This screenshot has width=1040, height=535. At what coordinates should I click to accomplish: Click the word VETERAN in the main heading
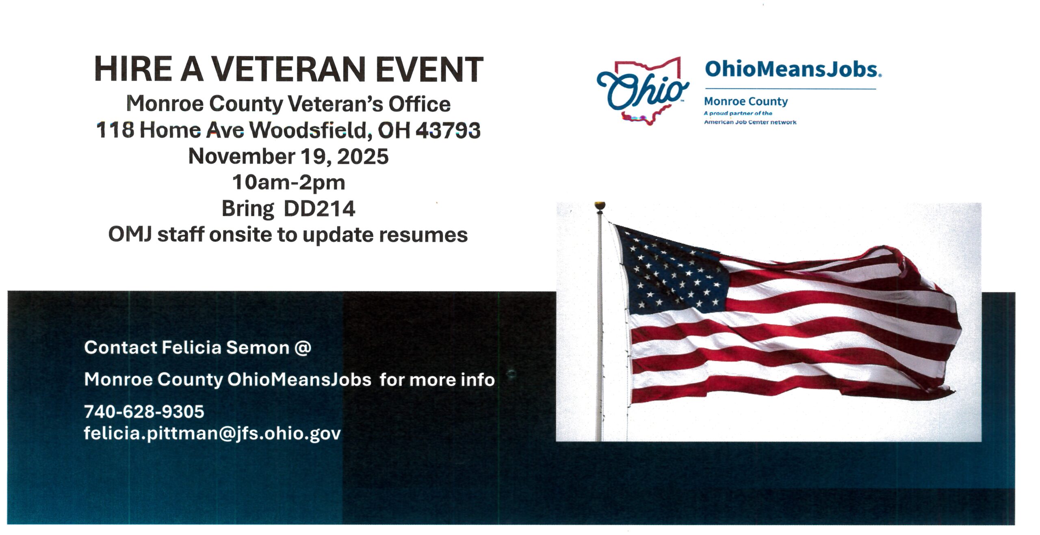pyautogui.click(x=288, y=69)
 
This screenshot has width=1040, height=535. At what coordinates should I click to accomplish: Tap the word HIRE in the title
pyautogui.click(x=133, y=69)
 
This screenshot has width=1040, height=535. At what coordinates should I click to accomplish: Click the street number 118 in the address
pyautogui.click(x=115, y=130)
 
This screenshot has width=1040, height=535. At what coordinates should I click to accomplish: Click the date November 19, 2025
pyautogui.click(x=288, y=157)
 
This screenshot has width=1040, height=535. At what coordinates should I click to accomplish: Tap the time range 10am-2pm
pyautogui.click(x=288, y=182)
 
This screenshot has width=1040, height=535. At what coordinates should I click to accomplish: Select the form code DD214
pyautogui.click(x=319, y=209)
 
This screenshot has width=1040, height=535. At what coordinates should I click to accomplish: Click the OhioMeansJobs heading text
pyautogui.click(x=792, y=69)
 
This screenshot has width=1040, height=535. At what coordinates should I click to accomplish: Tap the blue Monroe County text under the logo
pyautogui.click(x=745, y=101)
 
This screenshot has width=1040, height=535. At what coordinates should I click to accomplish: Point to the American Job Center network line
pyautogui.click(x=750, y=122)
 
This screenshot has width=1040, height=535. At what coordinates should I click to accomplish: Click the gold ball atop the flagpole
pyautogui.click(x=600, y=205)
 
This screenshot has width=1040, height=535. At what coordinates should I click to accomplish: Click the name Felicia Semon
pyautogui.click(x=225, y=348)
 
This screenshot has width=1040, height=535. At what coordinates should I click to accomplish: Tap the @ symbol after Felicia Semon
pyautogui.click(x=303, y=348)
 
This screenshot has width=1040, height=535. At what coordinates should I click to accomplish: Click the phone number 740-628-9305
pyautogui.click(x=144, y=412)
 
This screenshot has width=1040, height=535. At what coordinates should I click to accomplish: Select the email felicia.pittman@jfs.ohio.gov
pyautogui.click(x=212, y=434)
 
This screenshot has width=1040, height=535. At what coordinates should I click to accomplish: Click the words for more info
pyautogui.click(x=437, y=380)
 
